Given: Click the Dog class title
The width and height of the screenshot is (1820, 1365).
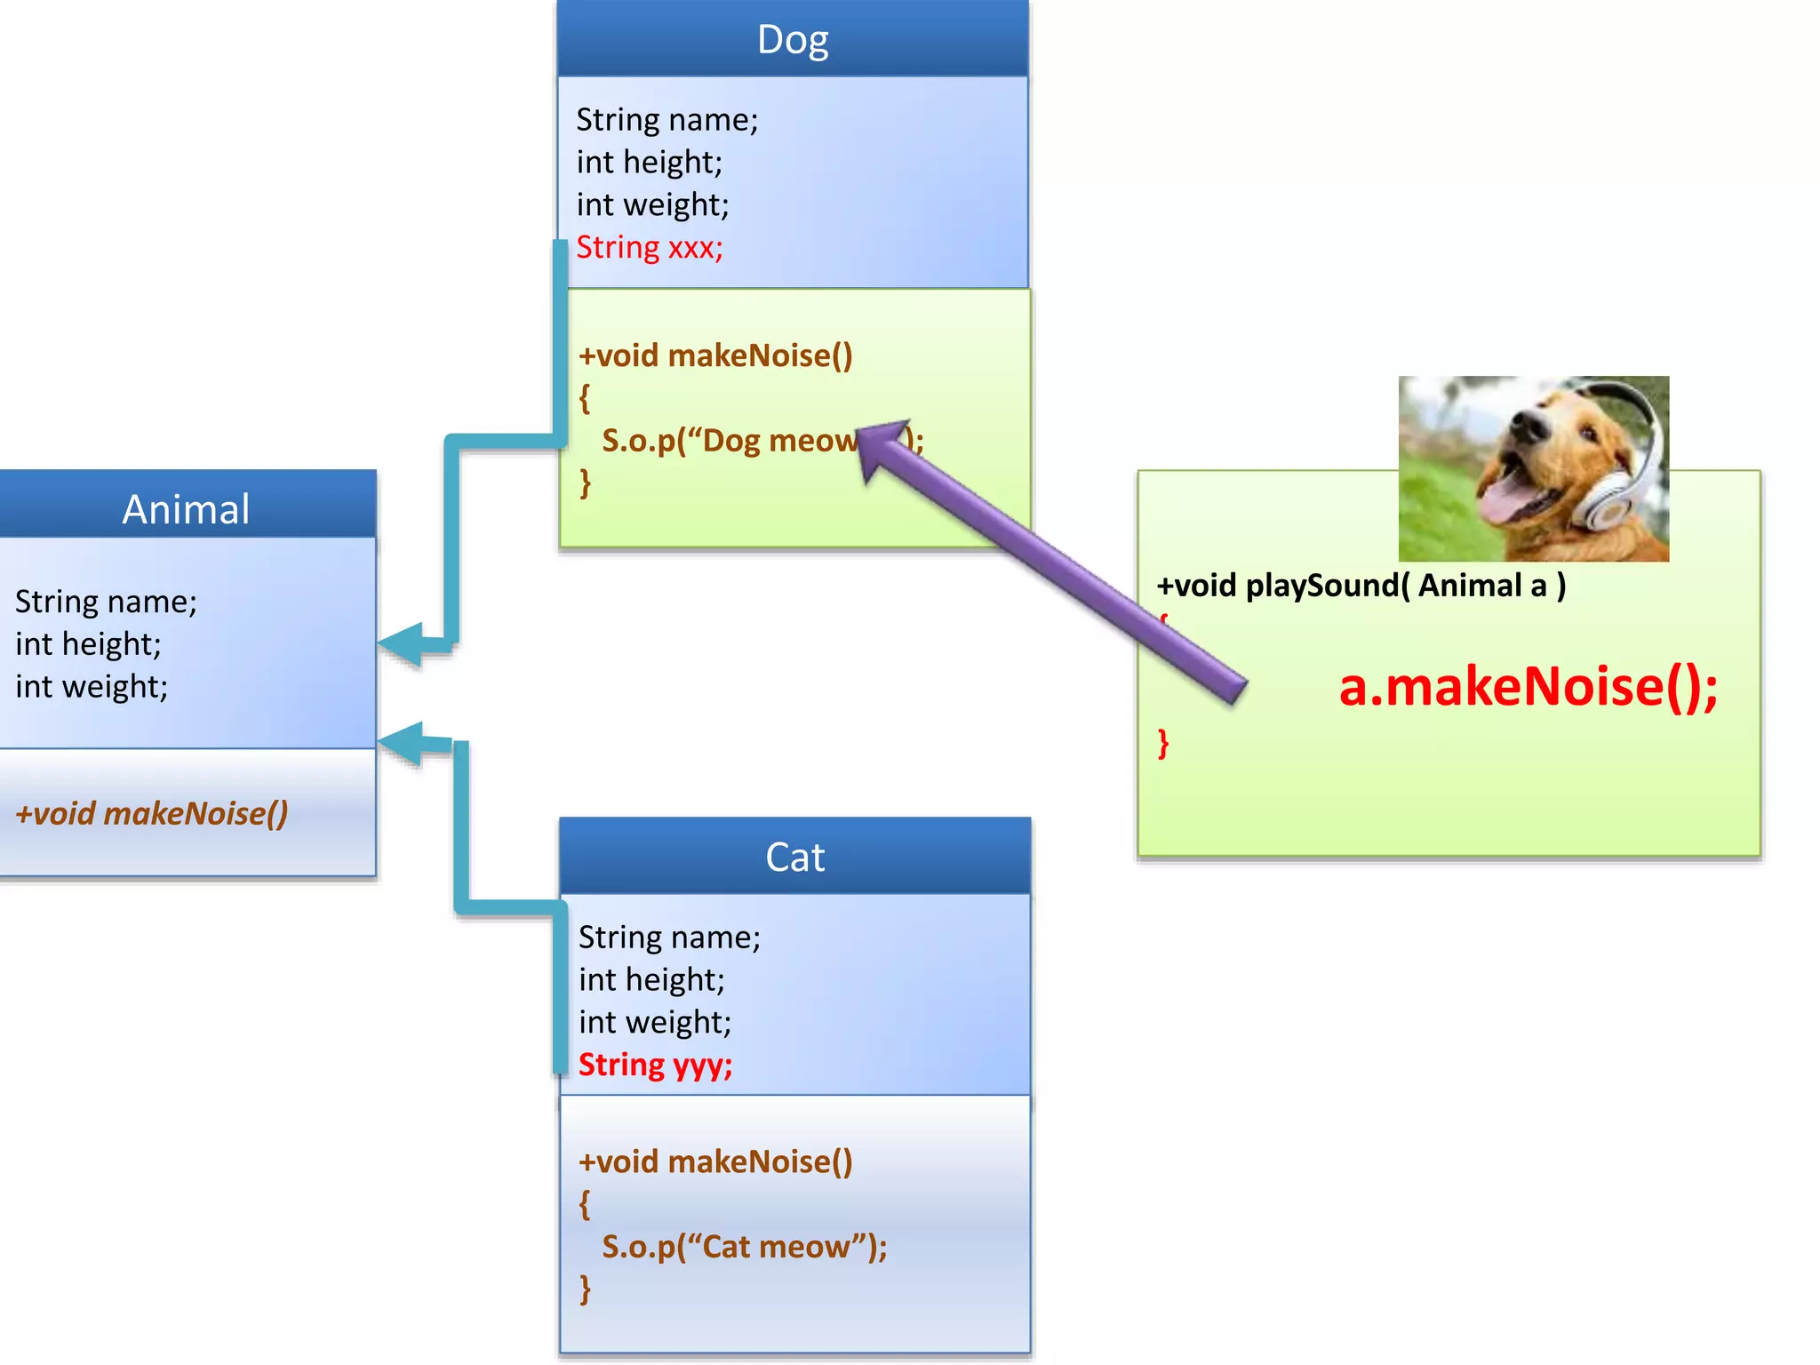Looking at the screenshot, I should pos(793,40).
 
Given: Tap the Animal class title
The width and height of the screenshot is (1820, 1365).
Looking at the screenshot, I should pos(186,509).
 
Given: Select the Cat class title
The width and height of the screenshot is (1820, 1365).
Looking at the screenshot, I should pos(794,858).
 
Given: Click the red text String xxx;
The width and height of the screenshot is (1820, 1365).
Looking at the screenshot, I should pos(650,247).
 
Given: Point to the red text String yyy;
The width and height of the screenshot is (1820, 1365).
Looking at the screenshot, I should pos(655,1065).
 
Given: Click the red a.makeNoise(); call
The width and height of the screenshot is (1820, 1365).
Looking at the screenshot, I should pos(1528,687).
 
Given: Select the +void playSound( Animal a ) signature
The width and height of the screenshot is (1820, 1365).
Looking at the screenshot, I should pos(1361,586).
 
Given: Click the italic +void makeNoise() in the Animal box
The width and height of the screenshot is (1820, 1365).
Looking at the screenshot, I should pos(152,813).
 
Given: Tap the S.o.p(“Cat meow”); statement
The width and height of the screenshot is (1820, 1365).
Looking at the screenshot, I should pos(744,1247).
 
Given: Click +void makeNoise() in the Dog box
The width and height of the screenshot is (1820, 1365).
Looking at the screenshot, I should pos(715,355).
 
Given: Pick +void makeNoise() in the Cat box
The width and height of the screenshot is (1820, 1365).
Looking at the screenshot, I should pos(715,1161).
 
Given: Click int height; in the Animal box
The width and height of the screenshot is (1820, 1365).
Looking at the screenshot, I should pos(88,644).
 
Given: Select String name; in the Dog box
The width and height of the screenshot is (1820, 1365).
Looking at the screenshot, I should pos(667,120).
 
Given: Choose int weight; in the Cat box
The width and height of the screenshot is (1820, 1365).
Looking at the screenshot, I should pos(655,1023).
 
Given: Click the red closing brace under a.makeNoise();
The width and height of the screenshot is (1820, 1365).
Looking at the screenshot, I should pos(1163,743).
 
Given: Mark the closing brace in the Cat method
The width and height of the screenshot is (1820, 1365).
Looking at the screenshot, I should pos(585,1288).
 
